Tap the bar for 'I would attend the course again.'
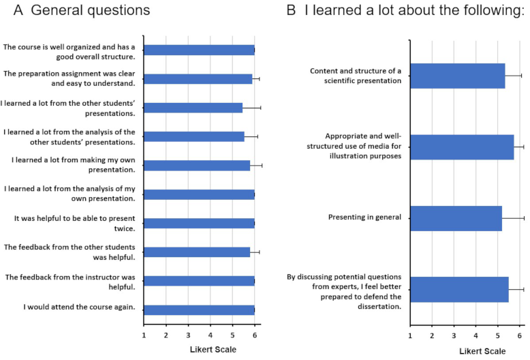pos(199,310)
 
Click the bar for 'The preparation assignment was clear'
pos(198,78)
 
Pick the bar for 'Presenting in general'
pos(456,218)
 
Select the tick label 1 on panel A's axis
pos(144,335)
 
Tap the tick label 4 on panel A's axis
pos(210,335)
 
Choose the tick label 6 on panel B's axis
pos(519,335)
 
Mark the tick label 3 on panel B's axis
pos(454,335)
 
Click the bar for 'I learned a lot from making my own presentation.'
pos(197,165)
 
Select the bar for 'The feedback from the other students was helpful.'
pos(197,252)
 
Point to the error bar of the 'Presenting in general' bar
pos(513,218)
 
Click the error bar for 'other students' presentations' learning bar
pos(252,107)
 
